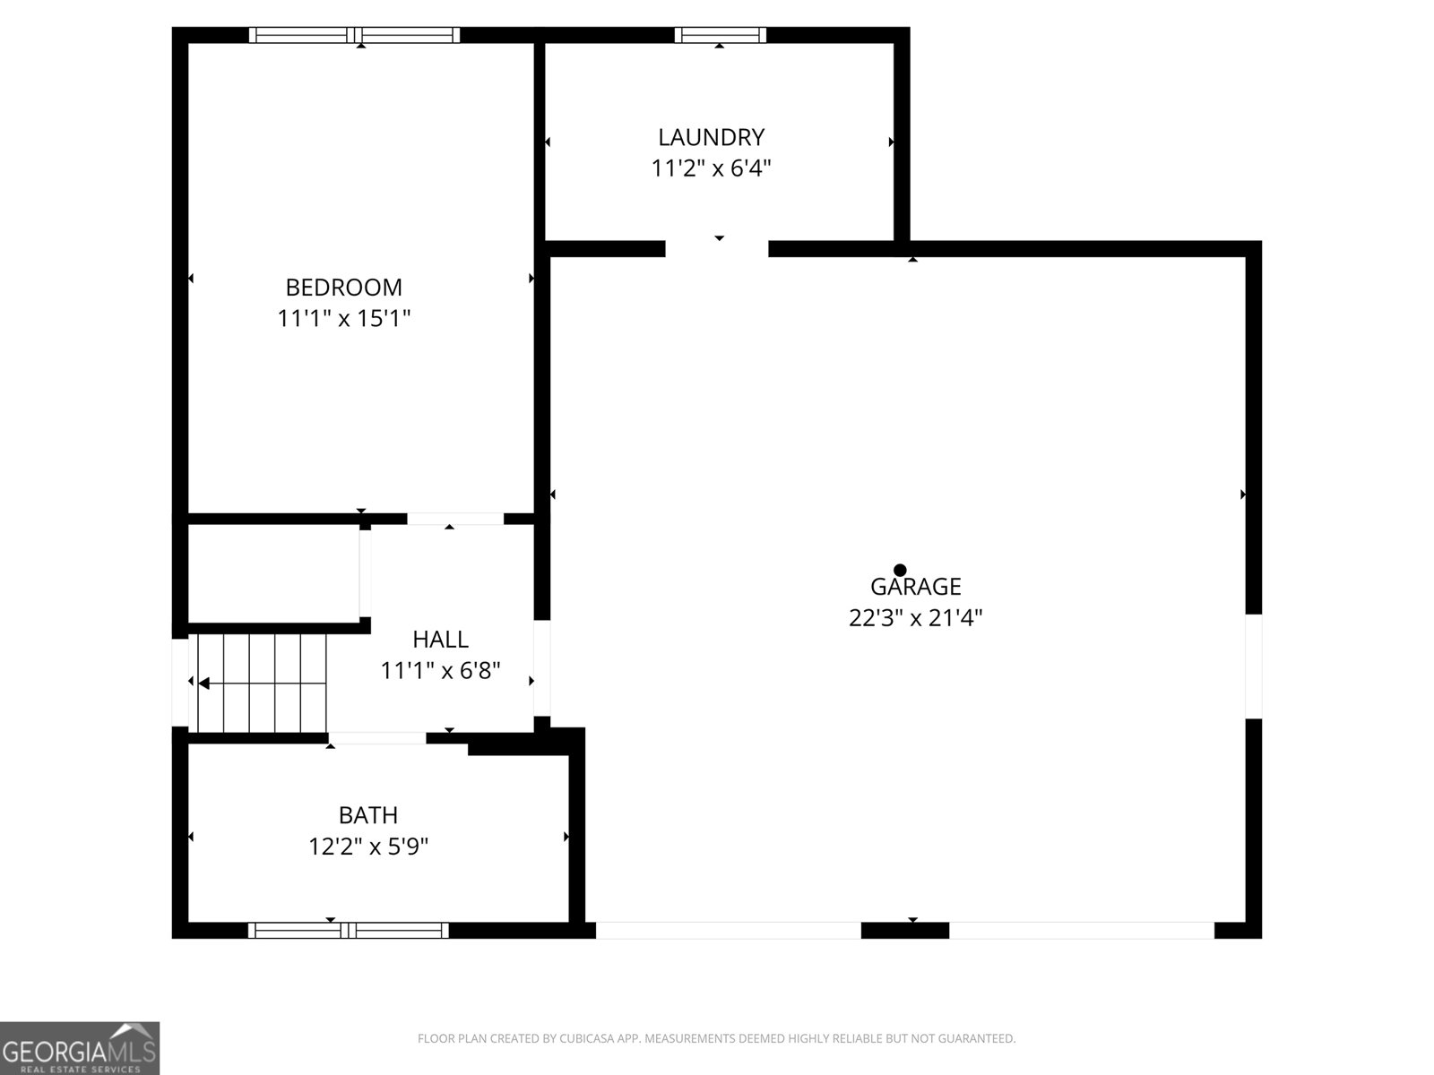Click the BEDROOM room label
point(343,288)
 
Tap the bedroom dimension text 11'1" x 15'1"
point(343,319)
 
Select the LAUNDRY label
point(711,137)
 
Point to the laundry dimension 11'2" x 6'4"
point(711,168)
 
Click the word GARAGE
point(915,587)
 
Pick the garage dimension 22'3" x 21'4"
point(915,617)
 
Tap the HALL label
point(440,639)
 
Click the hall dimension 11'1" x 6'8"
point(440,670)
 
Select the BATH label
point(367,815)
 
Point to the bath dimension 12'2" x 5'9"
point(367,847)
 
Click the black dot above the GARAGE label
point(900,570)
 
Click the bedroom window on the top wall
point(354,35)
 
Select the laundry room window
point(720,35)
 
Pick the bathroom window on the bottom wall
point(349,930)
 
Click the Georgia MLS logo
point(80,1047)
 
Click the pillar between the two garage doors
point(905,930)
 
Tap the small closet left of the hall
point(273,573)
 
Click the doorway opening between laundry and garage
point(717,249)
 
